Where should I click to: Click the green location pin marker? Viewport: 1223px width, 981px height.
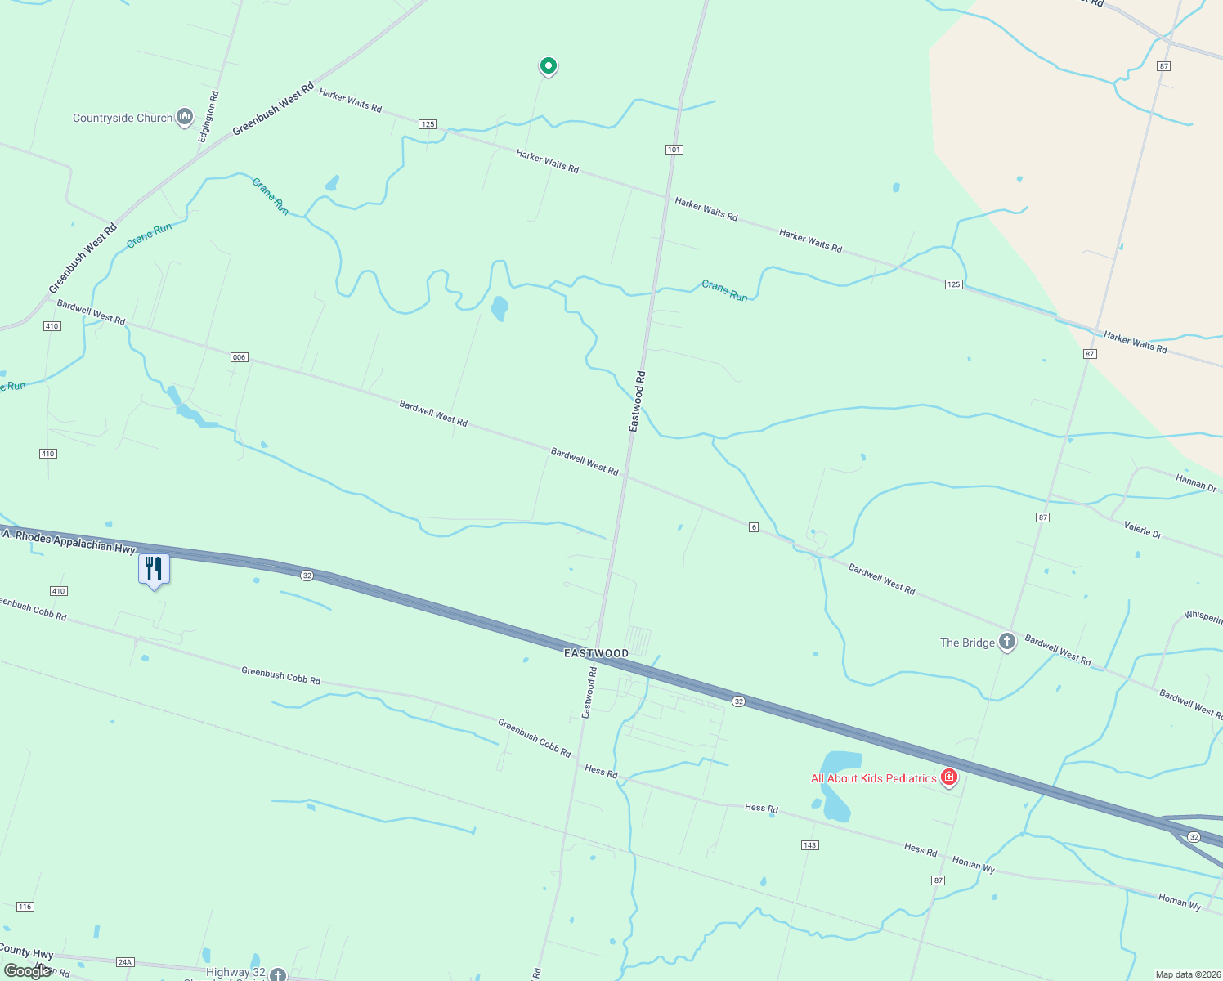click(548, 65)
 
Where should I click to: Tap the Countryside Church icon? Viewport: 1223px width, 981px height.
click(185, 118)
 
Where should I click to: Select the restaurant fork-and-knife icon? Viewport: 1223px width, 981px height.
click(154, 568)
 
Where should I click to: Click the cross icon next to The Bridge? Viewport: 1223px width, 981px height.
click(1007, 642)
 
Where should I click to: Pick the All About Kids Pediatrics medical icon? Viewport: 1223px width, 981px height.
click(949, 777)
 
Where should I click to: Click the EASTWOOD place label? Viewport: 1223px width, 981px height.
click(597, 653)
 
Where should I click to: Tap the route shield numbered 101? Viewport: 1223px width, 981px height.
click(674, 150)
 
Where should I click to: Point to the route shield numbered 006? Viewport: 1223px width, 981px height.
click(239, 357)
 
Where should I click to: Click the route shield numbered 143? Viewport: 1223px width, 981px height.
click(809, 845)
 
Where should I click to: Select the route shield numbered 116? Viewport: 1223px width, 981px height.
click(25, 907)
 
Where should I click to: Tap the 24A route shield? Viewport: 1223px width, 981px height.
click(124, 962)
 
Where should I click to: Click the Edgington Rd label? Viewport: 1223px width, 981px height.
click(208, 117)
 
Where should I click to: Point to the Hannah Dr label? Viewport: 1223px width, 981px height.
click(1195, 482)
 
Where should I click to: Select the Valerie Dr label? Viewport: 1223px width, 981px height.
click(1142, 529)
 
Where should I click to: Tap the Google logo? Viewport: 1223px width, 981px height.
click(28, 971)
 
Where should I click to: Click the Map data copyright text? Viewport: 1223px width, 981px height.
click(1185, 974)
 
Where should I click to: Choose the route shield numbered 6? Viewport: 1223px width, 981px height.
click(754, 527)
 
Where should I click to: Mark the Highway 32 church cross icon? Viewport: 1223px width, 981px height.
click(278, 974)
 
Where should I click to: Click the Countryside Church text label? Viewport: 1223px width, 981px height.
click(123, 118)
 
